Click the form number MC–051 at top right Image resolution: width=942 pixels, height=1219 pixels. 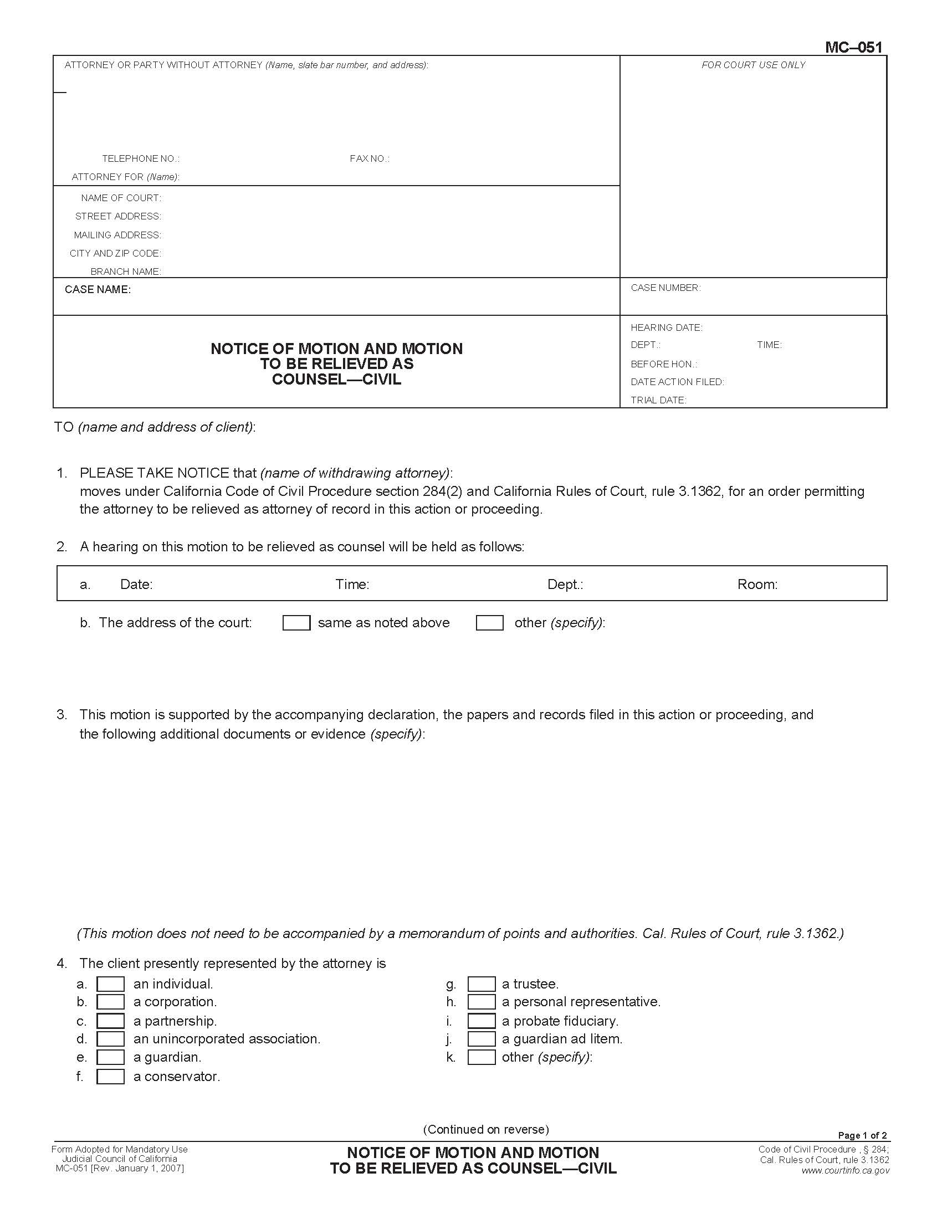(x=853, y=48)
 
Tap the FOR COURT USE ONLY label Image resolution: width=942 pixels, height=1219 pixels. (x=753, y=65)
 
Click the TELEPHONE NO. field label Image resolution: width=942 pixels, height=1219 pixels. (x=141, y=159)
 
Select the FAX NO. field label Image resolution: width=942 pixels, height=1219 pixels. (x=370, y=159)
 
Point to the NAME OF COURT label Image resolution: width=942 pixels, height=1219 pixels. (x=121, y=198)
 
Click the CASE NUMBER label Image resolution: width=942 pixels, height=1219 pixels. (x=665, y=288)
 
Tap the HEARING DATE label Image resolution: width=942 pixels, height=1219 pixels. (x=666, y=327)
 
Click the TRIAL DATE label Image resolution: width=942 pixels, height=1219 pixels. (x=658, y=400)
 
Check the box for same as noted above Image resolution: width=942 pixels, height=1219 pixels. (x=296, y=623)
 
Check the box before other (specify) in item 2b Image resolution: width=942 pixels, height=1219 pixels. (x=489, y=623)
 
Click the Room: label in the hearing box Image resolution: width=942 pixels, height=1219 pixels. (x=757, y=585)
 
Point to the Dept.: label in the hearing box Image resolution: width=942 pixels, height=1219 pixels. (x=565, y=585)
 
